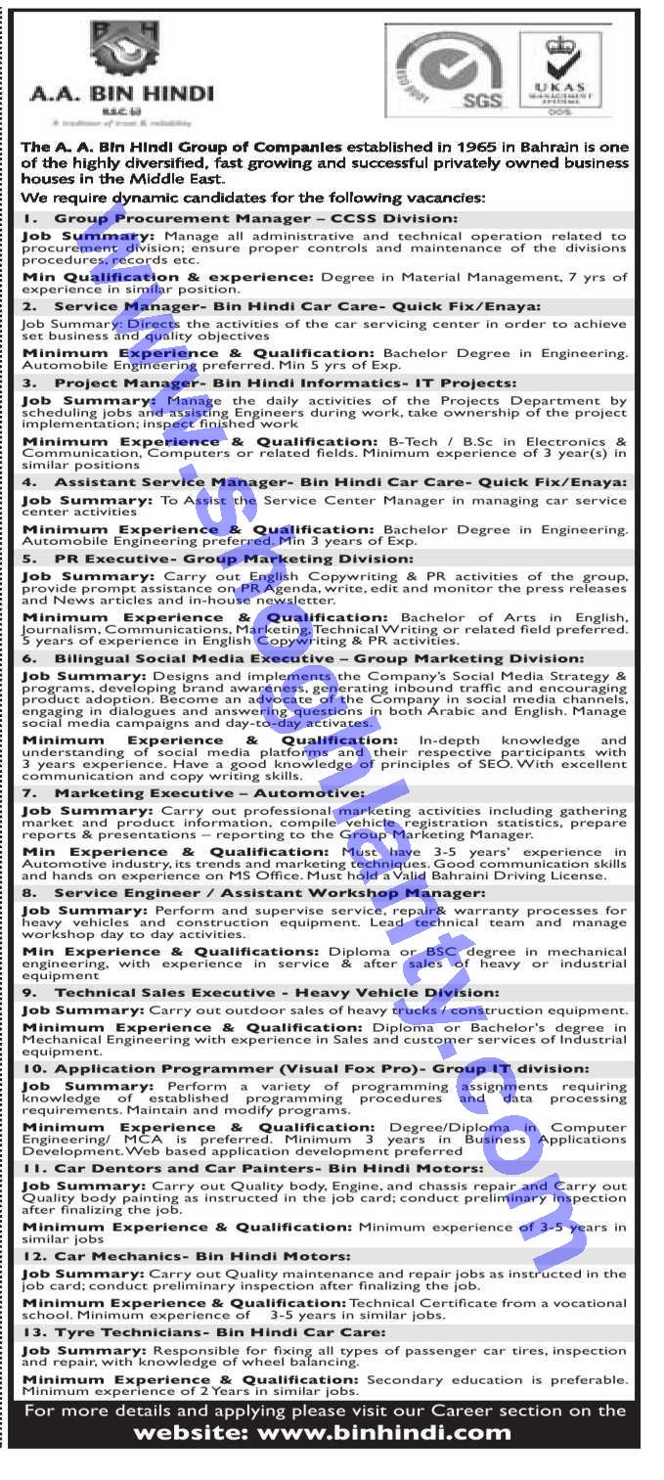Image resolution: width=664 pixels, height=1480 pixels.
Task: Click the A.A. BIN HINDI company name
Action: coord(121,95)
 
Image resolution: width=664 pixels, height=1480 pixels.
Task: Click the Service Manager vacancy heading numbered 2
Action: coord(282,306)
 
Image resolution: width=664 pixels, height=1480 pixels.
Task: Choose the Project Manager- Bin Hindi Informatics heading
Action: coord(285,382)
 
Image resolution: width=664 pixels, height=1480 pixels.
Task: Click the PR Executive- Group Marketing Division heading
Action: coord(234,558)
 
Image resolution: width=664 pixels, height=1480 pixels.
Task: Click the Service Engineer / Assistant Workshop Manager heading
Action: coord(269,892)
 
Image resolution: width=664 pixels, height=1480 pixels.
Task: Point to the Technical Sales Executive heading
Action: coord(277,992)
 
